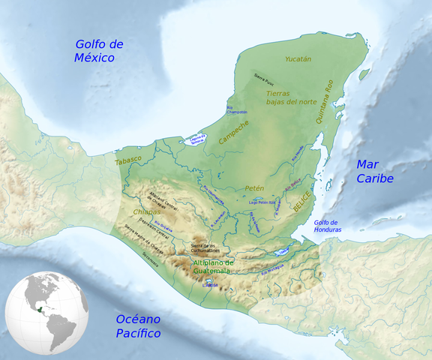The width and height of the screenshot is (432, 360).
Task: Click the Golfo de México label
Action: [x=99, y=51]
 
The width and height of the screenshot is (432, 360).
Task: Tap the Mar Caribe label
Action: [x=374, y=172]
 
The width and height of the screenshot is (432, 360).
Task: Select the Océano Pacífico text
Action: [x=139, y=325]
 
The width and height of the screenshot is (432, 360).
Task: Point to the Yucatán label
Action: [x=298, y=58]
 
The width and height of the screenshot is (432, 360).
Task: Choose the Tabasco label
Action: [x=127, y=160]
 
